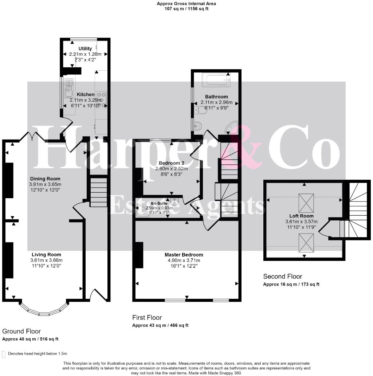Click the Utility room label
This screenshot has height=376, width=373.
click(85, 48)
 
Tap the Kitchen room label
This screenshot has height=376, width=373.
click(86, 94)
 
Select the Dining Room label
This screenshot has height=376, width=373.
click(45, 179)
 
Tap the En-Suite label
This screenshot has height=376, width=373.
click(159, 203)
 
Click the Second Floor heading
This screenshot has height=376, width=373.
click(282, 277)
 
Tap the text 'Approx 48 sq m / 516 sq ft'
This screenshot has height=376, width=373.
click(30, 339)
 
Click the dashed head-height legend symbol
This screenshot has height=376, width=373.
click(4, 354)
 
